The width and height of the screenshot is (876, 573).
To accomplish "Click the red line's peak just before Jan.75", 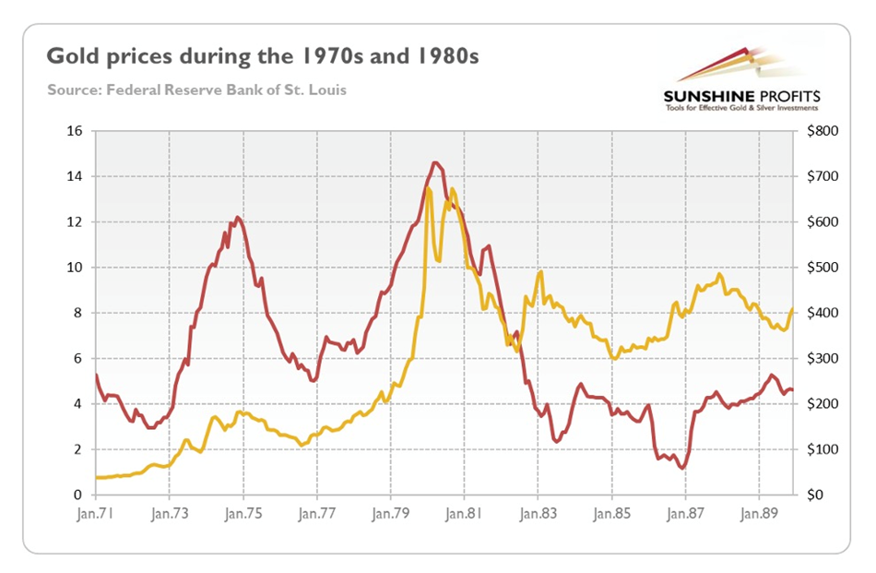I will click(x=237, y=217).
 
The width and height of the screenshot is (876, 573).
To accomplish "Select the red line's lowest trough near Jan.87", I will click(x=683, y=468).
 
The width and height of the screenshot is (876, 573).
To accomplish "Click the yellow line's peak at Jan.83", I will click(x=540, y=271).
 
